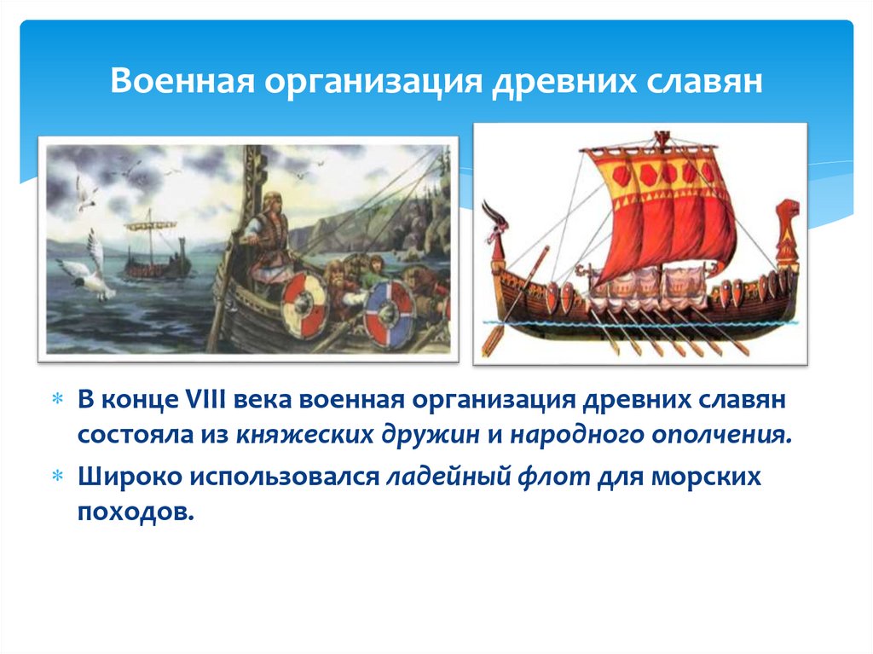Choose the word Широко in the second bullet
pyautogui.click(x=125, y=477)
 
